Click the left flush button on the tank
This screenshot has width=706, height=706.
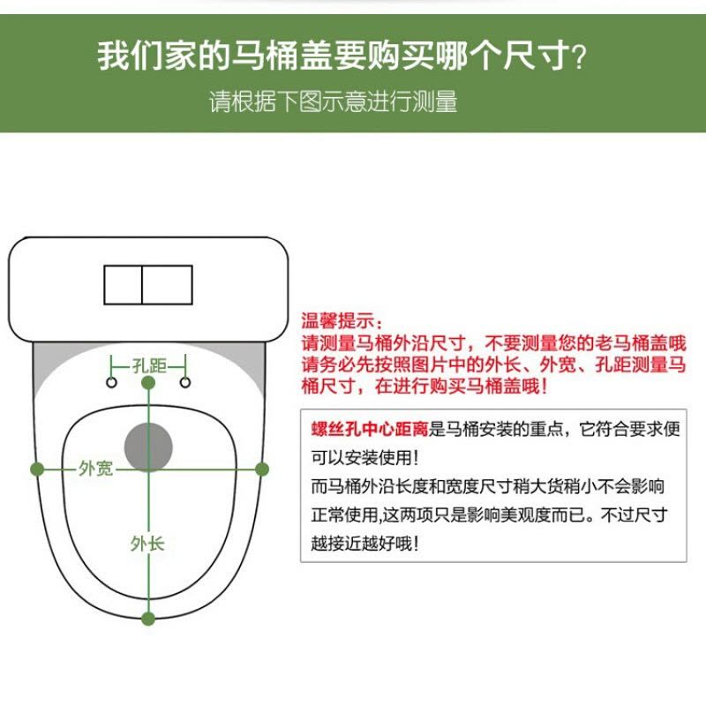124,284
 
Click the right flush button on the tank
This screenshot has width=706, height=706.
168,284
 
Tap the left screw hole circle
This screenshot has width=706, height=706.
112,382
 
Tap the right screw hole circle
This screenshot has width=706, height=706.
185,382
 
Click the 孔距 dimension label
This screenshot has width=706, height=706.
148,364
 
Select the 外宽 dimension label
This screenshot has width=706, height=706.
95,469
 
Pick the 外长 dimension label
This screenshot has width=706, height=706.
147,543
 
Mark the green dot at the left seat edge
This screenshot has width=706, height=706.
37,469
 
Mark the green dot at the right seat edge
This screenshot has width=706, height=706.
261,469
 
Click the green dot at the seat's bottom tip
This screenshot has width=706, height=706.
148,619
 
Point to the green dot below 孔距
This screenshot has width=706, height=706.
148,383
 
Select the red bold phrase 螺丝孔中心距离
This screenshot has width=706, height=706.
369,430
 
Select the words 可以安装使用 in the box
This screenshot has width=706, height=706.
362,458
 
